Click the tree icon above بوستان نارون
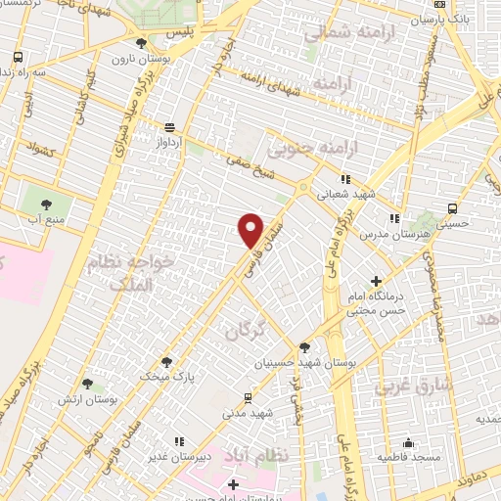coord(142,43)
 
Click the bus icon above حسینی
coord(451,208)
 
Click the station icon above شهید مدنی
coord(248,397)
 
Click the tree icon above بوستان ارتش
coord(88,384)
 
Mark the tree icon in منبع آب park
coord(45,204)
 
